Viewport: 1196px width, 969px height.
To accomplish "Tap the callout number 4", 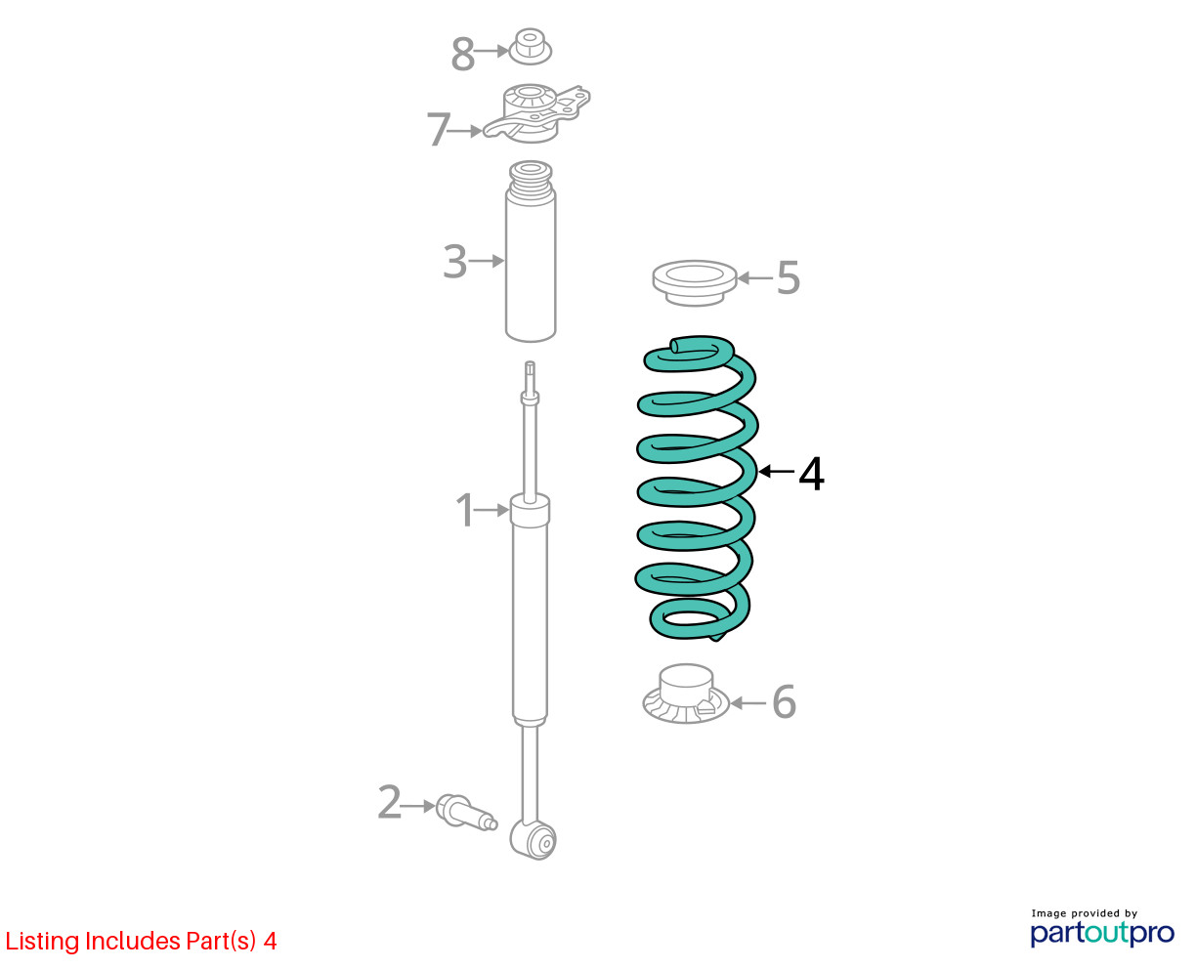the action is [811, 475].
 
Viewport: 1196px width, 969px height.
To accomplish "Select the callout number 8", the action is [463, 54].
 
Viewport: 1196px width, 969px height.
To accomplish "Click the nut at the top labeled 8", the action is [530, 46].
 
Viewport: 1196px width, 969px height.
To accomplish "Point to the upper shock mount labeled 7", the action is [536, 114].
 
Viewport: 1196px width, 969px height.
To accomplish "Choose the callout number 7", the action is [438, 129].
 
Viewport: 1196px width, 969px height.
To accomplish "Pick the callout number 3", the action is [454, 261].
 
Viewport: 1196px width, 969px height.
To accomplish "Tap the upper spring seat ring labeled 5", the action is [695, 283].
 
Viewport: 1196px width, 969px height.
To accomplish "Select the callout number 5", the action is [788, 277].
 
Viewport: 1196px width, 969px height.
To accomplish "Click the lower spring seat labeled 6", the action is [686, 694].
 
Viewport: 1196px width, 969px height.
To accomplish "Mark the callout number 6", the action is [784, 701].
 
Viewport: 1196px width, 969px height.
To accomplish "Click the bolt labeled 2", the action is [466, 813].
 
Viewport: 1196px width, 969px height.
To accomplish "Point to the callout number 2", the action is [390, 802].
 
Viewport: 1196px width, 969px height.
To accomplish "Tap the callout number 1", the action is [464, 510].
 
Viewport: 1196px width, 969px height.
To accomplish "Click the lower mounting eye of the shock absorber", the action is [534, 839].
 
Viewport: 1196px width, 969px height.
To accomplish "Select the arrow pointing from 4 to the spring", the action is [777, 472].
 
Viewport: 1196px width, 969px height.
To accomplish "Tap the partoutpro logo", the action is [1102, 930].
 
